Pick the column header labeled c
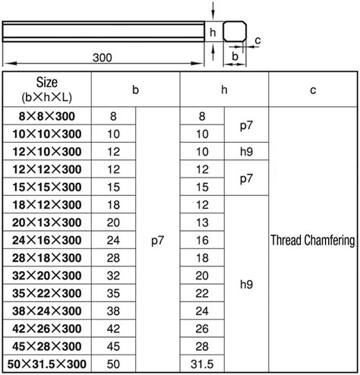coord(313,90)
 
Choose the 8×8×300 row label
coord(48,117)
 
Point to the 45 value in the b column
coord(112,348)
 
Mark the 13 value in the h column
coord(201,223)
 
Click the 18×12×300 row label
coord(48,206)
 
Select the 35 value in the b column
coord(112,295)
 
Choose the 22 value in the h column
coord(201,295)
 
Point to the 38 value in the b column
coord(112,312)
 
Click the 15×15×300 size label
coord(48,187)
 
